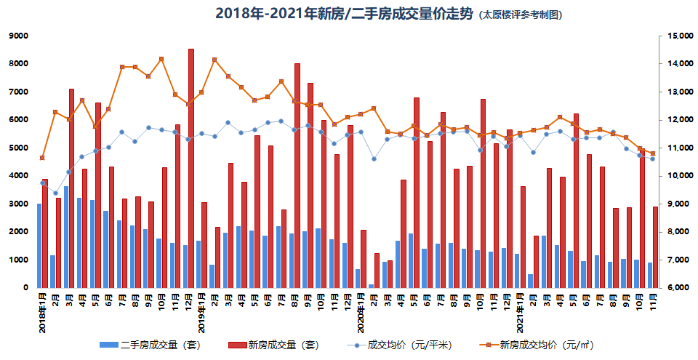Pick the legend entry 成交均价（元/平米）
[396, 345]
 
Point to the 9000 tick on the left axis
[17, 36]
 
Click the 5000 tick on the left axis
[17, 148]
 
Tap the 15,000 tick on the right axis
[677, 36]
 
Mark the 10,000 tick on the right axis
[677, 176]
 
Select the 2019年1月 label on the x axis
[202, 311]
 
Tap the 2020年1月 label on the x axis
[361, 311]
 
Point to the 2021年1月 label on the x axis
[521, 311]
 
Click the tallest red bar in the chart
[191, 167]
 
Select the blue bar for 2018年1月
[39, 246]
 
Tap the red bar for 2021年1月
[523, 237]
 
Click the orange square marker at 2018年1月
[42, 158]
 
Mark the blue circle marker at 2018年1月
[42, 183]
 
